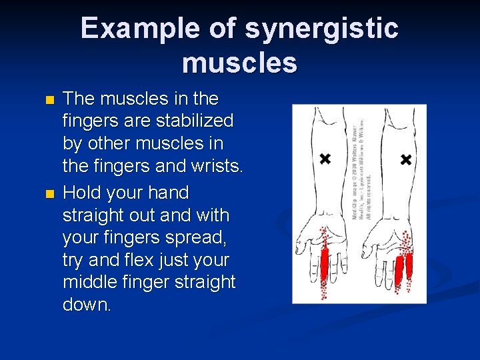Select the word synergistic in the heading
point(322,29)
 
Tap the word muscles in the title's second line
point(239,63)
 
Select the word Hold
point(83,193)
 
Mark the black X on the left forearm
point(325,159)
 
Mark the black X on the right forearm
point(405,159)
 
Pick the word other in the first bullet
point(108,144)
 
